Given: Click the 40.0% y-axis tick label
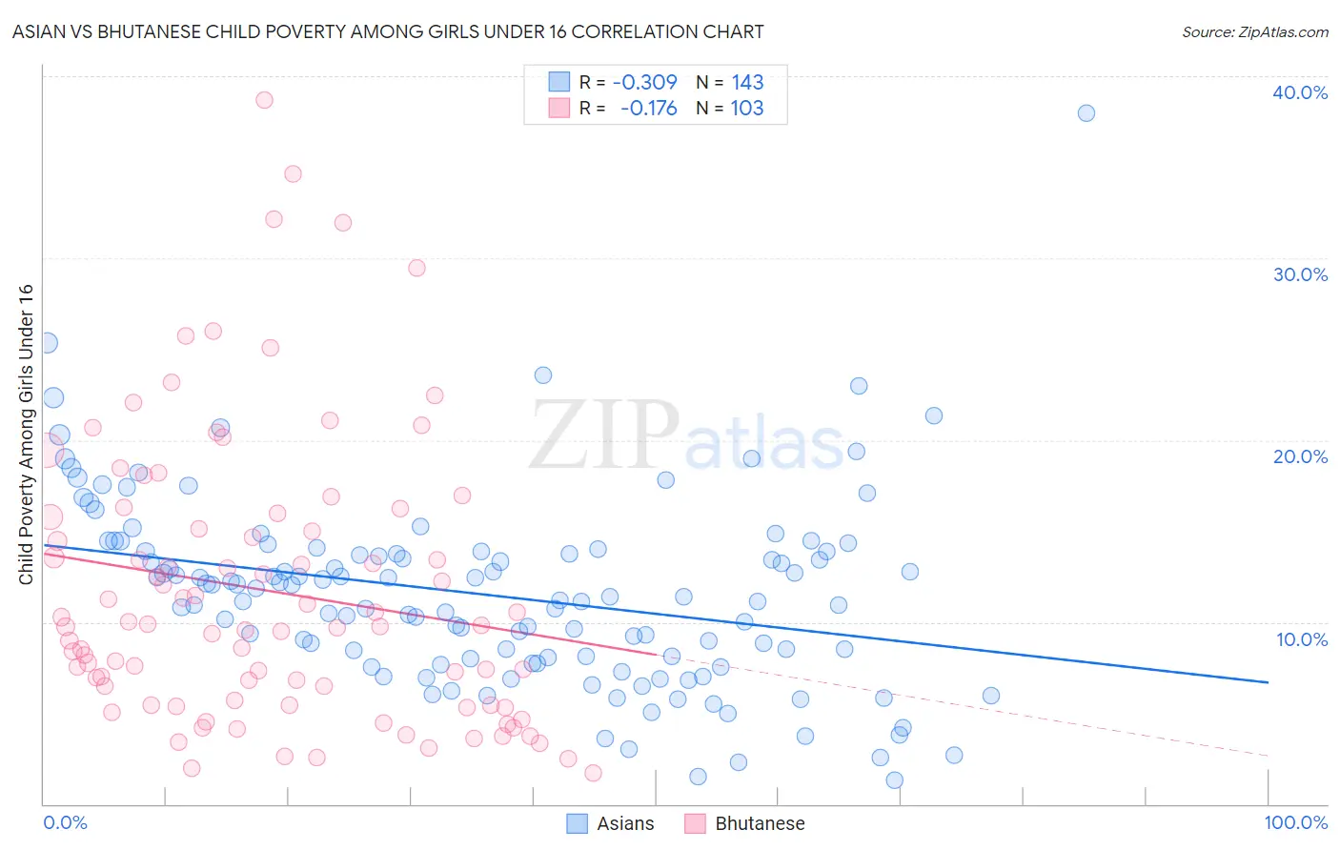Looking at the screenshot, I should coord(1300,92).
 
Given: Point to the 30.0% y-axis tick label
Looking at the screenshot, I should coord(1300,274).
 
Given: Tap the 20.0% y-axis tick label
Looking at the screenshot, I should coord(1300,456).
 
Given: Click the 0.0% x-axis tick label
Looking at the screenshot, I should coord(65,822).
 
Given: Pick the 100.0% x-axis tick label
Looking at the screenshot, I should coord(1295,822).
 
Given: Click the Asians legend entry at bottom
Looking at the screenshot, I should coord(611,823).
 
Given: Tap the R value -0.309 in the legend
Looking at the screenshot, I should coord(644,82).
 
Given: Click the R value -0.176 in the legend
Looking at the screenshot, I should coord(648,108).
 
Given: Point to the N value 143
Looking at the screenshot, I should coord(747,82).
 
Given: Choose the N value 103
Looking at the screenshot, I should coord(747,108).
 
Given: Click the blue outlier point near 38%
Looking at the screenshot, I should coord(1086,113).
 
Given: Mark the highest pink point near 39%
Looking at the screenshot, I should coord(264,100).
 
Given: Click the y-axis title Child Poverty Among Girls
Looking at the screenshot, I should coord(26,435).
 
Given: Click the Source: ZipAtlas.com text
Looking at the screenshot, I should coord(1254,31).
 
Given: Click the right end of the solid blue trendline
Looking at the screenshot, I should coord(1268,682).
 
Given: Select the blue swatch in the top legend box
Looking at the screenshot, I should coord(558,82).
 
